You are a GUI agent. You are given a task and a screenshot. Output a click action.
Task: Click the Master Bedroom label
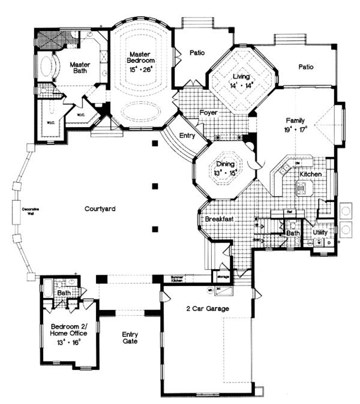[x=142, y=57]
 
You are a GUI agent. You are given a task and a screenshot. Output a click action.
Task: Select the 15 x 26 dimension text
[x=142, y=70]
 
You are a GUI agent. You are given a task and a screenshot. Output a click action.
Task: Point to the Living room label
[x=242, y=76]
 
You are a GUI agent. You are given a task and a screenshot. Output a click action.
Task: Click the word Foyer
[x=208, y=113]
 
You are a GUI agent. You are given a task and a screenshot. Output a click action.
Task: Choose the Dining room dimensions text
[x=226, y=173]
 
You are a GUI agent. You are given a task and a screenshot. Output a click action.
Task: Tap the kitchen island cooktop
[x=301, y=187]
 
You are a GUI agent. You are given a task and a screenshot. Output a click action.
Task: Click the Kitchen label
[x=311, y=174]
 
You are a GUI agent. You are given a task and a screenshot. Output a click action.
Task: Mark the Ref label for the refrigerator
[x=289, y=212]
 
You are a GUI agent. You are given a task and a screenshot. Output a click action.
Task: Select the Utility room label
[x=320, y=231]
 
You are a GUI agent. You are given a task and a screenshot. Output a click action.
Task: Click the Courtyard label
[x=100, y=209]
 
